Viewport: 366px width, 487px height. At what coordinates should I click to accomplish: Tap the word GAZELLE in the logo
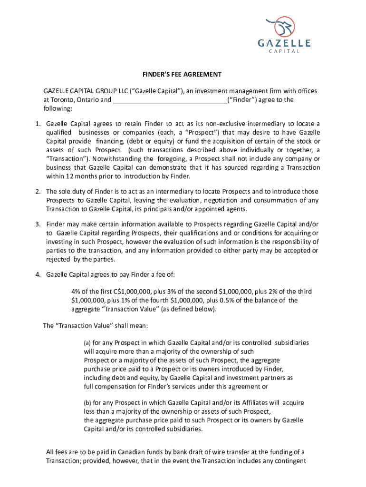click(284, 43)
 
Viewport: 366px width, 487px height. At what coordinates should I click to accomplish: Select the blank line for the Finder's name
click(170, 100)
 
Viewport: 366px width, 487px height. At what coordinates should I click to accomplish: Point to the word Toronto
click(64, 100)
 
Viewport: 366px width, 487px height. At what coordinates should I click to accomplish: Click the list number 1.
click(37, 125)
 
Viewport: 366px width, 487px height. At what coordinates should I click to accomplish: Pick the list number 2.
click(37, 192)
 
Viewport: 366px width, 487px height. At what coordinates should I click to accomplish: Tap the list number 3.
click(37, 224)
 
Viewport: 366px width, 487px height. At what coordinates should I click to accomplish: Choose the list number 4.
click(37, 274)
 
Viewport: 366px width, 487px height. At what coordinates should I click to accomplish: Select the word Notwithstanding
click(116, 159)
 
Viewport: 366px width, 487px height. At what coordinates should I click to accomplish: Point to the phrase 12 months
click(78, 176)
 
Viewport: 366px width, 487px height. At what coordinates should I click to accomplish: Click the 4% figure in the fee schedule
click(76, 292)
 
